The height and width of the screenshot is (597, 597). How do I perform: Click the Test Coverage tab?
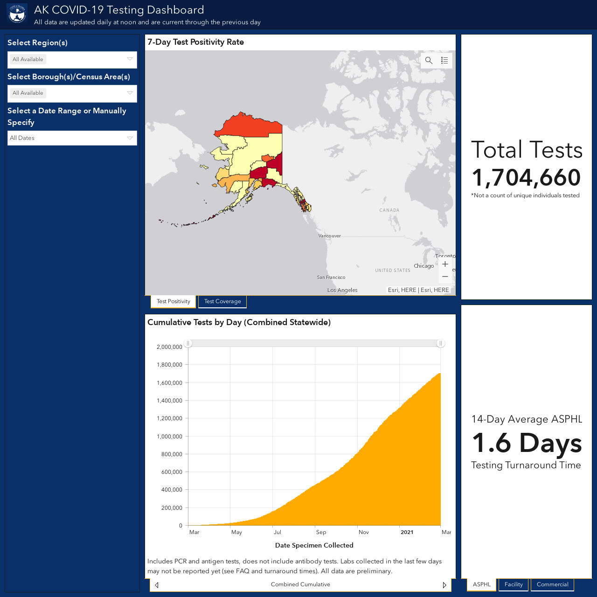click(x=222, y=301)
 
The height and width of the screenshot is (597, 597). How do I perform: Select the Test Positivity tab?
click(x=173, y=301)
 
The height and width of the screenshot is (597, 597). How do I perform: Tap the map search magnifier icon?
click(x=429, y=61)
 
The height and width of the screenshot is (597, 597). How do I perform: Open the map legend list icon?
click(x=444, y=61)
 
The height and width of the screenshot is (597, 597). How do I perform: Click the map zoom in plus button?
click(x=445, y=264)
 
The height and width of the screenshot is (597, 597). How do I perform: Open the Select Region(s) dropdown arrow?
click(x=130, y=59)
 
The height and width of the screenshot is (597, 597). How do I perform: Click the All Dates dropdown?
click(x=72, y=138)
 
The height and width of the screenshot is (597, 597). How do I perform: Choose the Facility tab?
click(x=514, y=584)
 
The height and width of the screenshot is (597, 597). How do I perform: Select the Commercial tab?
click(x=552, y=584)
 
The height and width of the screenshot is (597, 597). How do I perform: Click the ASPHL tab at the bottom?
click(x=481, y=584)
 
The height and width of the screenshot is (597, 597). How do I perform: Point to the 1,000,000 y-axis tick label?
click(x=169, y=436)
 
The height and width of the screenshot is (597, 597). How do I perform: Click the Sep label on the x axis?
click(x=321, y=532)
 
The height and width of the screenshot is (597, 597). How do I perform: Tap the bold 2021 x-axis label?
click(x=407, y=532)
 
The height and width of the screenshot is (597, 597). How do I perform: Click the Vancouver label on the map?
click(x=330, y=236)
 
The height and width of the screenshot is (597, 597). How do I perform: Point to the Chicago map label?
click(x=424, y=266)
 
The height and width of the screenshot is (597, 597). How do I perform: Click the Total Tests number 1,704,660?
click(x=526, y=178)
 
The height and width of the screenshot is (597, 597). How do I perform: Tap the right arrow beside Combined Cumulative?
click(x=444, y=585)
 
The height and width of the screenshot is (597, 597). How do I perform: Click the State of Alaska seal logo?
click(x=17, y=14)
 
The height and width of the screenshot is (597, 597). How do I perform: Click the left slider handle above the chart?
click(x=188, y=343)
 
